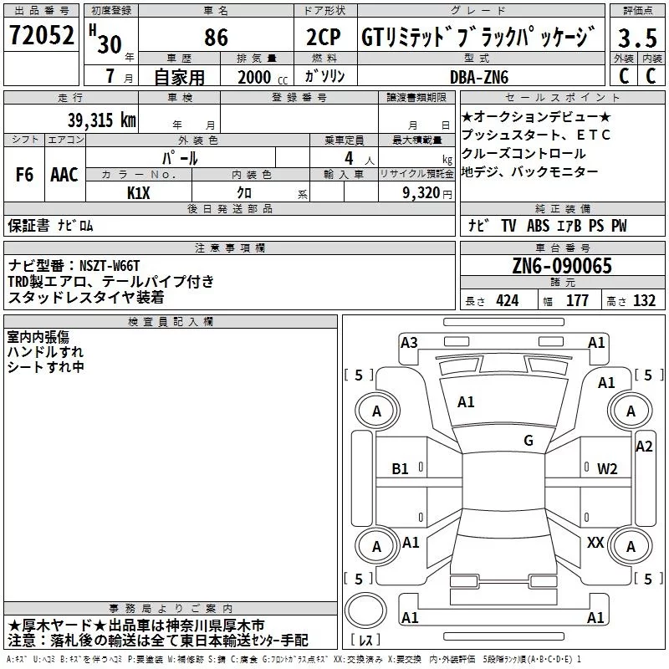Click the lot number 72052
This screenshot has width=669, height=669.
click(41, 35)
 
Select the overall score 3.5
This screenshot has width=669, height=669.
click(637, 38)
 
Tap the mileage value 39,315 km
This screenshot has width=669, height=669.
click(101, 120)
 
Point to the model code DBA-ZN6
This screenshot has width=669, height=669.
click(479, 77)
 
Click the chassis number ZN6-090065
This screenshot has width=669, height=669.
click(562, 266)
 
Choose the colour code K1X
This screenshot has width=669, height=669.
click(139, 193)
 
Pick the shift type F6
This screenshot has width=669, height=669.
click(24, 175)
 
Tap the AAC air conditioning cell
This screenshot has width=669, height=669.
click(64, 175)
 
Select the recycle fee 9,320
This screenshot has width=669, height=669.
click(421, 193)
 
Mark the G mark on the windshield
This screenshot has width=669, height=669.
click(529, 440)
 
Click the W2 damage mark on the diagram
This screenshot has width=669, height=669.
click(607, 469)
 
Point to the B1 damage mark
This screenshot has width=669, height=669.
click(400, 469)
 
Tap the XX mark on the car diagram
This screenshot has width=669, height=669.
click(595, 542)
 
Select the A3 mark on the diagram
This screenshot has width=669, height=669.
click(409, 343)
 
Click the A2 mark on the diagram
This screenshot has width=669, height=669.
click(644, 447)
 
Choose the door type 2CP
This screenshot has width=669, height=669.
click(324, 37)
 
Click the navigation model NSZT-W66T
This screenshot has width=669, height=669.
click(110, 266)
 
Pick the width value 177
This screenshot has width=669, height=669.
click(577, 300)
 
